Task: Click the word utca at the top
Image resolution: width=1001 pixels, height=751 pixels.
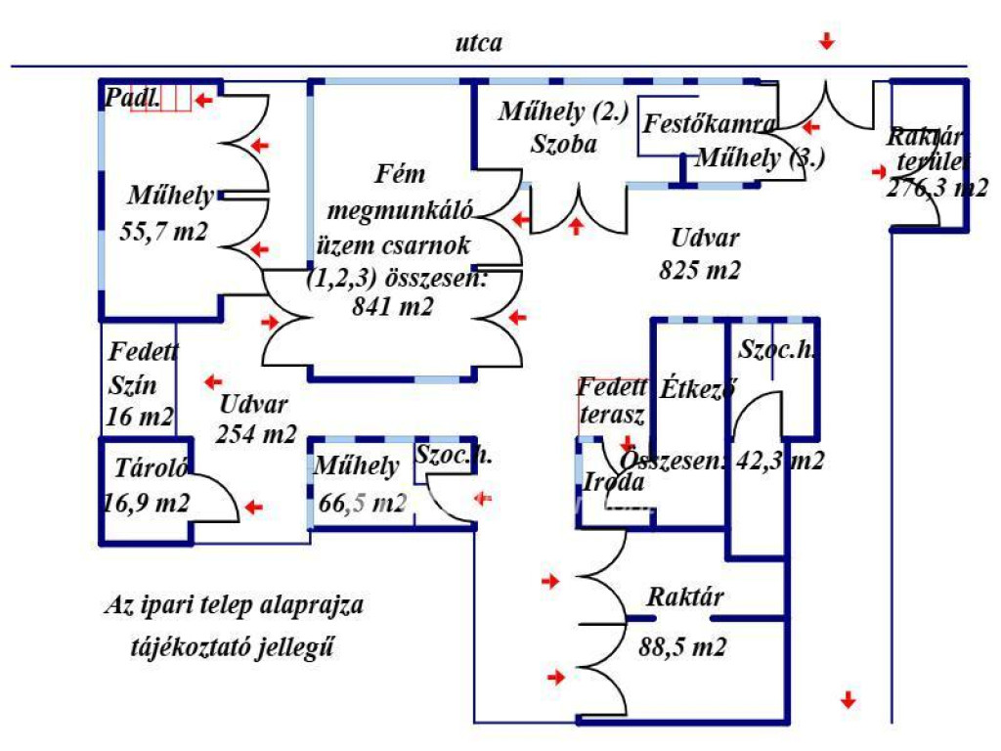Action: (x=479, y=43)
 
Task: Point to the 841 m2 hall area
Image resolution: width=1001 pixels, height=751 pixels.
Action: (x=394, y=307)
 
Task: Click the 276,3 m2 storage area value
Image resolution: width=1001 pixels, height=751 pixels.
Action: (x=936, y=189)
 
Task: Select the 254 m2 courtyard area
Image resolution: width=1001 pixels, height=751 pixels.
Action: (x=256, y=434)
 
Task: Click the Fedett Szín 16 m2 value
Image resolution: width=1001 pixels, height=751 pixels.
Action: (x=139, y=417)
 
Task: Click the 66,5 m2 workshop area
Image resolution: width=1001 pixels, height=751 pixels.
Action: (x=362, y=504)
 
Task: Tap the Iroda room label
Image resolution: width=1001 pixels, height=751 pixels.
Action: (x=614, y=481)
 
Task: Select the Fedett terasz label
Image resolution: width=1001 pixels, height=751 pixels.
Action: (x=612, y=400)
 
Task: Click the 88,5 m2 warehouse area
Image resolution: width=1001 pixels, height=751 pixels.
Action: (x=683, y=646)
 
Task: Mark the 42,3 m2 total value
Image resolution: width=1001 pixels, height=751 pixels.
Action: (x=778, y=461)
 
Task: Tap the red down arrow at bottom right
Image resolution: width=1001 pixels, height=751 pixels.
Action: (x=849, y=700)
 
